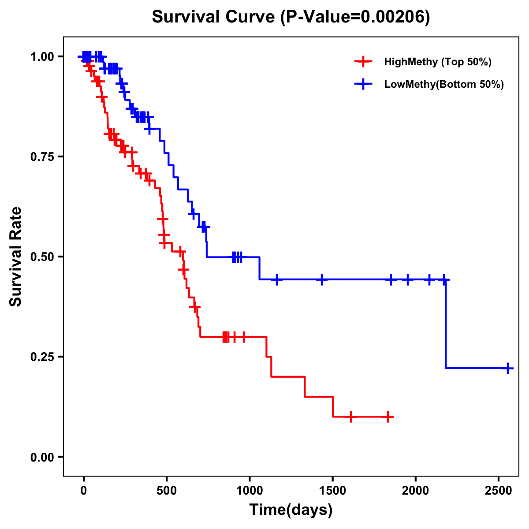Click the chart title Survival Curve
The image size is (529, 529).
291,17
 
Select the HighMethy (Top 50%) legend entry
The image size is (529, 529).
437,62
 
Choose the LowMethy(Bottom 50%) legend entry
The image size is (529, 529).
443,85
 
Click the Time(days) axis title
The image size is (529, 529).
291,510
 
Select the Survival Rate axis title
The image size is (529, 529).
16,257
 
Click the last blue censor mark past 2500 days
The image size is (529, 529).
508,368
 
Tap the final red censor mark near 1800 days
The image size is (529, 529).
387,417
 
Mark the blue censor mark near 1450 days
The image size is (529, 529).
322,279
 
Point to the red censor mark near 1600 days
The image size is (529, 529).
350,417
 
